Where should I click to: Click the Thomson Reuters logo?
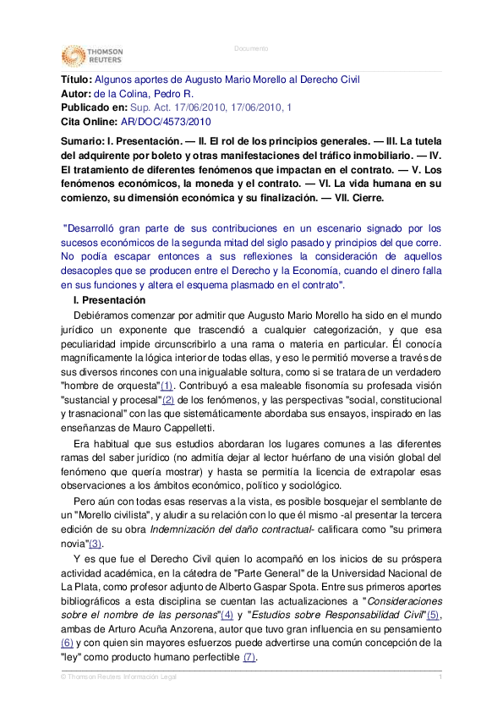click(91, 57)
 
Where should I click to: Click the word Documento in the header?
click(251, 48)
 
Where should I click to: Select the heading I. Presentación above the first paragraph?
click(109, 300)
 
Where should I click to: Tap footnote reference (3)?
click(96, 544)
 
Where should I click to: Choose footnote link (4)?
click(227, 615)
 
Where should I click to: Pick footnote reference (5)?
click(435, 615)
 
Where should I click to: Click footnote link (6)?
click(68, 644)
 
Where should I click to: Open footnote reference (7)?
click(249, 658)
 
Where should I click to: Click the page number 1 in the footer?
click(440, 678)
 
